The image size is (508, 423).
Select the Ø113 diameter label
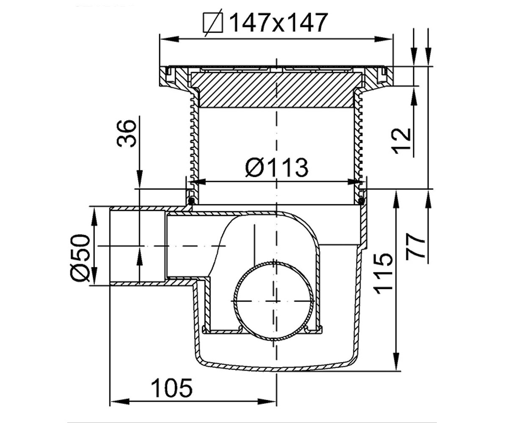click(x=277, y=168)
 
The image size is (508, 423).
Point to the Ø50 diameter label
click(x=80, y=258)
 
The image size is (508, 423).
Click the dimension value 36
click(x=126, y=134)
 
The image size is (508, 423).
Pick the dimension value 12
click(x=401, y=141)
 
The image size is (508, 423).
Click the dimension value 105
click(x=172, y=388)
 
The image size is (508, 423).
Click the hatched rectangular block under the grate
click(x=276, y=90)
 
